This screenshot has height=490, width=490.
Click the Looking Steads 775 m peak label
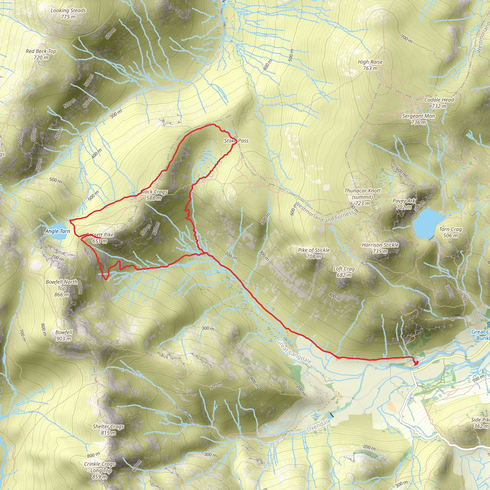(68, 14)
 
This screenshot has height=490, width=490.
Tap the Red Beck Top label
(41, 54)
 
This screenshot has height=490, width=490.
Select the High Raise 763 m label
(370, 65)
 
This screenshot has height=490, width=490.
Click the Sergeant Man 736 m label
(418, 119)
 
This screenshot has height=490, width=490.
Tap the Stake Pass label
(236, 141)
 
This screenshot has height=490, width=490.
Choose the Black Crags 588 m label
(154, 195)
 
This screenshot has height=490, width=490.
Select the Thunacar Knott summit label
(362, 197)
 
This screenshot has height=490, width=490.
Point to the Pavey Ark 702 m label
(404, 204)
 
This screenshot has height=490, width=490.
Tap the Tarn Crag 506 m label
(451, 232)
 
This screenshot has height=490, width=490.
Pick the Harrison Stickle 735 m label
(380, 248)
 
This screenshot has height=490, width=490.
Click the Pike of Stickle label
(314, 253)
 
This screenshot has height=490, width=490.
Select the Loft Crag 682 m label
(344, 272)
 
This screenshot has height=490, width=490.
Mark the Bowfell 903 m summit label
(64, 335)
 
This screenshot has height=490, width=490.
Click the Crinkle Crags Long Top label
(100, 470)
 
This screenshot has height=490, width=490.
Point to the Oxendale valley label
(318, 425)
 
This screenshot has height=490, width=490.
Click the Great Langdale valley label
(294, 352)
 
